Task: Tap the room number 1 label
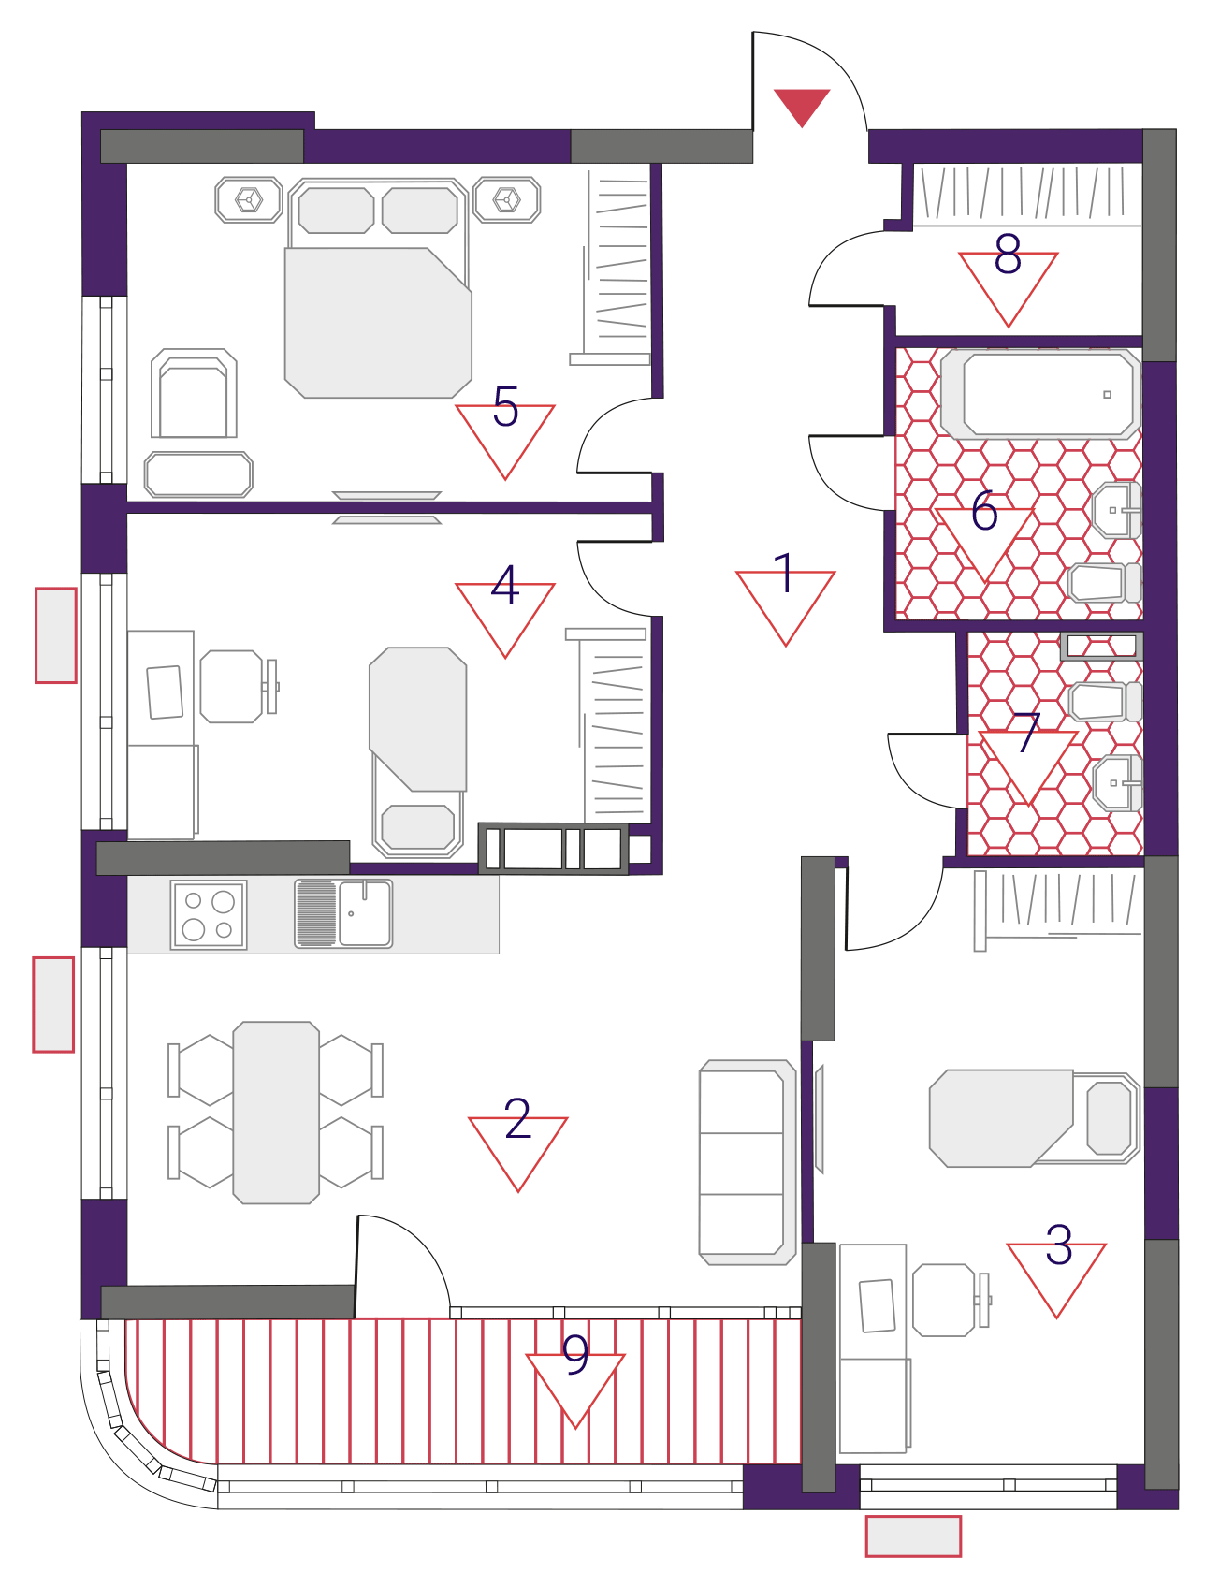coord(785,573)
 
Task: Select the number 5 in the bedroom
coord(505,406)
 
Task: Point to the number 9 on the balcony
coord(575,1353)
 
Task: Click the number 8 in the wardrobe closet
coord(1008,254)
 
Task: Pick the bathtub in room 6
coord(1040,395)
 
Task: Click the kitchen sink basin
coord(364,913)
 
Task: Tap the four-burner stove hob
coord(209,914)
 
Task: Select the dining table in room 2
coord(276,1113)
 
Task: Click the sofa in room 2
coord(748,1162)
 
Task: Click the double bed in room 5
coord(378,288)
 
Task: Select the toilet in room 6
coord(1105,583)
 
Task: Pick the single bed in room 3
coord(1035,1118)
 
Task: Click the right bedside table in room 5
coord(507,199)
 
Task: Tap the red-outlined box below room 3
coord(913,1536)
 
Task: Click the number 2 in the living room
coord(517,1118)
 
